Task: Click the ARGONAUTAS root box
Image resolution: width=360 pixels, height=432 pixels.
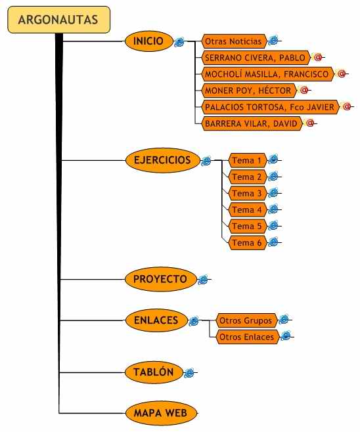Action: (58, 20)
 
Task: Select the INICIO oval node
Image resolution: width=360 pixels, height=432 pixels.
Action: (149, 41)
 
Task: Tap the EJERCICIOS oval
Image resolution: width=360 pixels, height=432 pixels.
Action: (163, 160)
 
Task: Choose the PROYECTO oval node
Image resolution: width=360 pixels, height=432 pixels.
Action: (161, 280)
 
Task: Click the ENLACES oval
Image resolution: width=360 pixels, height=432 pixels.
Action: (156, 320)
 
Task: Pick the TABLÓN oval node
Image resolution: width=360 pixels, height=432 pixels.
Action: (154, 372)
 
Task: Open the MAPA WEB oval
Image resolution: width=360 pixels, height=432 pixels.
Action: (161, 413)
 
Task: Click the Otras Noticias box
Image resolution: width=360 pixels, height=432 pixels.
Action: (235, 41)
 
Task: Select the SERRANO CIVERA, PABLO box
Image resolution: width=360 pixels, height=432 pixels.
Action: (256, 58)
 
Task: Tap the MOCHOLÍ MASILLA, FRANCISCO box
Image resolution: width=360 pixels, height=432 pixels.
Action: (267, 74)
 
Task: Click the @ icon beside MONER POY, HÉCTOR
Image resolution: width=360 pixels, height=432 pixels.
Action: (304, 90)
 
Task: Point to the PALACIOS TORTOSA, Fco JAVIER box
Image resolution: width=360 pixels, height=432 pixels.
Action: (270, 107)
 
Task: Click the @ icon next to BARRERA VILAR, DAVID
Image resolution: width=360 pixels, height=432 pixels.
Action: (310, 123)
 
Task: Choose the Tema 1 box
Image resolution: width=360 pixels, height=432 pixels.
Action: (247, 160)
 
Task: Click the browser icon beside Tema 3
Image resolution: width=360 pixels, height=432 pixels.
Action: (273, 193)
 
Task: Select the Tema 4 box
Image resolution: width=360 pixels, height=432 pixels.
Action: (247, 209)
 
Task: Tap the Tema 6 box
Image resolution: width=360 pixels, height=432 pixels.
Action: (247, 243)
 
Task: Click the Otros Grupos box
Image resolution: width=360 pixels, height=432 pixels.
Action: (247, 320)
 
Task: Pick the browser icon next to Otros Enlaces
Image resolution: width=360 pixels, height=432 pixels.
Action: (286, 336)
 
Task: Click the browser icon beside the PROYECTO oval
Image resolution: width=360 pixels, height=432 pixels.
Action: (204, 280)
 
